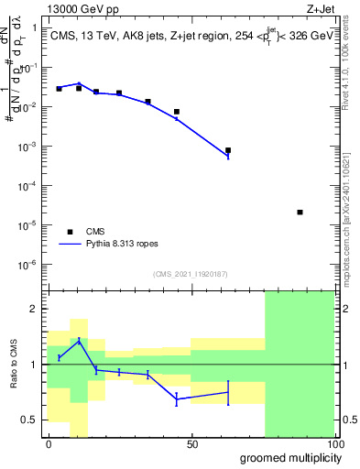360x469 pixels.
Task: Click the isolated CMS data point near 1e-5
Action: pos(300,213)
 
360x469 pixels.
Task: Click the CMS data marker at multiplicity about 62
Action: pos(228,150)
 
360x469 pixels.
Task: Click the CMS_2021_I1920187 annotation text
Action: pos(191,274)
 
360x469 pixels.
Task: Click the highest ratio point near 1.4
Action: pos(79,340)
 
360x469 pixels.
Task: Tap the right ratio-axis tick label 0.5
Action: pos(350,420)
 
